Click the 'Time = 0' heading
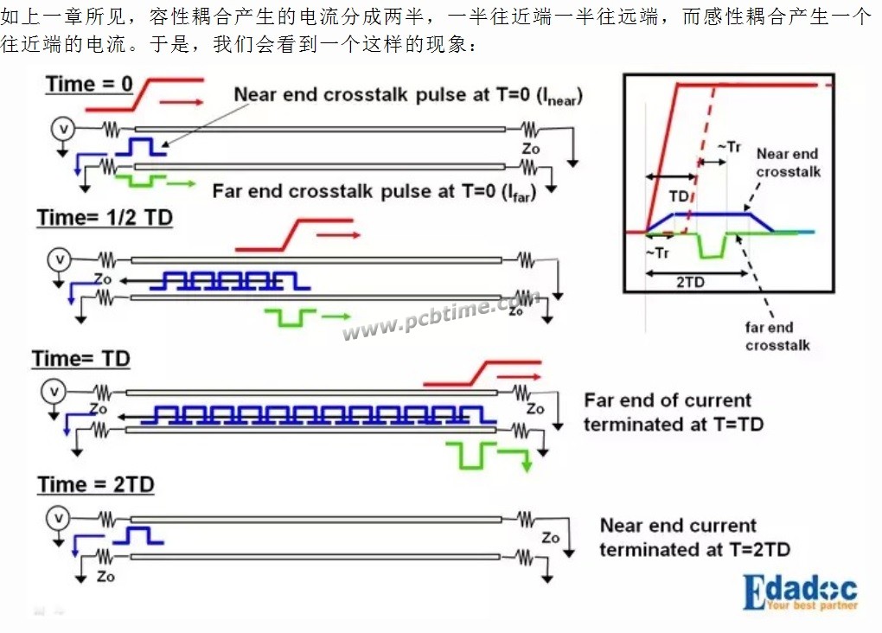pyautogui.click(x=89, y=85)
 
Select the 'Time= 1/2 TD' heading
pyautogui.click(x=105, y=218)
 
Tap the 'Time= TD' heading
pyautogui.click(x=81, y=358)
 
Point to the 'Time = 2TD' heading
pyautogui.click(x=96, y=484)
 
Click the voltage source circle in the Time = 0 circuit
pyautogui.click(x=63, y=129)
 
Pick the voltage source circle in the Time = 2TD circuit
pyautogui.click(x=59, y=518)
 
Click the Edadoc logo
pyautogui.click(x=801, y=592)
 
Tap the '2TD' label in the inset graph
pyautogui.click(x=690, y=282)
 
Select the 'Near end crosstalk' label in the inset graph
pyautogui.click(x=788, y=163)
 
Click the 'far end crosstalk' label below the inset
pyautogui.click(x=778, y=336)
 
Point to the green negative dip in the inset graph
pyautogui.click(x=713, y=246)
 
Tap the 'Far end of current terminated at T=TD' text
pyautogui.click(x=674, y=412)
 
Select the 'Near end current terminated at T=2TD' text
pyautogui.click(x=694, y=537)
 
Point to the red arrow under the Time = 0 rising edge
pyautogui.click(x=181, y=102)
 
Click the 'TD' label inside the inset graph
pyautogui.click(x=679, y=195)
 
